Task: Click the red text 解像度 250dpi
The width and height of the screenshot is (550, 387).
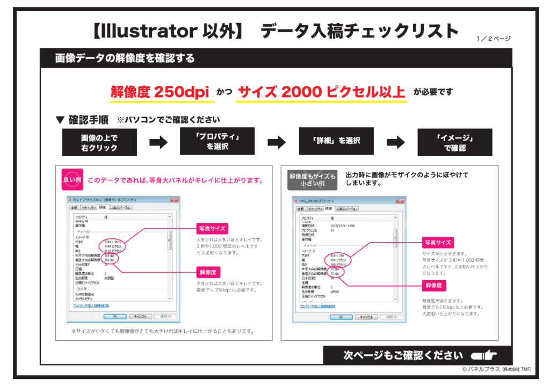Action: pyautogui.click(x=160, y=92)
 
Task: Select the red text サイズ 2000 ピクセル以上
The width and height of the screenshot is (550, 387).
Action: pyautogui.click(x=321, y=92)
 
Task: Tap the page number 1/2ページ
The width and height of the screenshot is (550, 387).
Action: pyautogui.click(x=493, y=39)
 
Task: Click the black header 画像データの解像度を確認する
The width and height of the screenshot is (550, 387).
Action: pyautogui.click(x=125, y=58)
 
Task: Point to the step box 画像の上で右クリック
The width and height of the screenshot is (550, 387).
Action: pyautogui.click(x=99, y=142)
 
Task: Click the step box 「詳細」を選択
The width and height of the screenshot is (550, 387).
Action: pyautogui.click(x=336, y=141)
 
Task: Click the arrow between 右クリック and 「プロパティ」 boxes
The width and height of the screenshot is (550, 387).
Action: pyautogui.click(x=158, y=142)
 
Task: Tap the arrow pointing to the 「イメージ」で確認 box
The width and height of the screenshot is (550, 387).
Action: pyautogui.click(x=396, y=142)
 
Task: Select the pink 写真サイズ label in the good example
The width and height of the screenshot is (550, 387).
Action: pyautogui.click(x=213, y=228)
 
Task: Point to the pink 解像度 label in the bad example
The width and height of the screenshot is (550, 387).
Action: pyautogui.click(x=434, y=285)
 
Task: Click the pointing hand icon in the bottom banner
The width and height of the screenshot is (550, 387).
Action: pyautogui.click(x=483, y=355)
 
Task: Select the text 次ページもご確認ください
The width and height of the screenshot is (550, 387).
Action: pyautogui.click(x=403, y=355)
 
